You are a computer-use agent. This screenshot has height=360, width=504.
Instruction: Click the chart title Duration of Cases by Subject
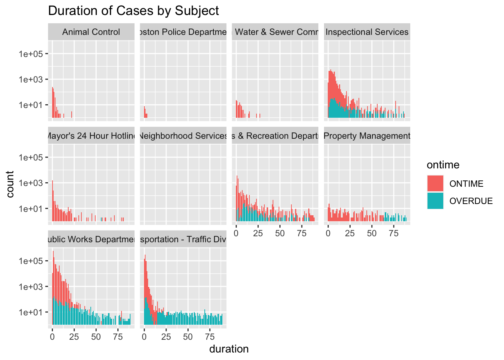coord(133,11)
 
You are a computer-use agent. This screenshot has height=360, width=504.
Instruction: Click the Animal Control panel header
coord(91,32)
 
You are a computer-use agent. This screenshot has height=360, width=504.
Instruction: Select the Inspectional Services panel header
coord(367,32)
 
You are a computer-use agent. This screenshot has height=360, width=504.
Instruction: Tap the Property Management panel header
coord(367,136)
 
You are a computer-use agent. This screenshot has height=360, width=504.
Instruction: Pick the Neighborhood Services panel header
coord(183,136)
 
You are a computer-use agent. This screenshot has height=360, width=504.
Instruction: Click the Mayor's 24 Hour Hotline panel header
coord(91,136)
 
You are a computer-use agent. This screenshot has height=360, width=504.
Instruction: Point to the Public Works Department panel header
coord(91,240)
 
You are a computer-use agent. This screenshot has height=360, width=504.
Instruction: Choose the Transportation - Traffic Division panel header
coord(183,240)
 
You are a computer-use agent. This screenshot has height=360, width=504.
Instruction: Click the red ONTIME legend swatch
coord(435,184)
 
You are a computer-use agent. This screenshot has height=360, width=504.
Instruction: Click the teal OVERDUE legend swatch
coord(435,201)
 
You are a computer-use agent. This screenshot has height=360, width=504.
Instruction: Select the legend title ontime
coord(443,165)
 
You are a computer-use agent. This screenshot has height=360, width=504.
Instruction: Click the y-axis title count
coord(10,184)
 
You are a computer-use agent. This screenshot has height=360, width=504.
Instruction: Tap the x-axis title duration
coord(229,349)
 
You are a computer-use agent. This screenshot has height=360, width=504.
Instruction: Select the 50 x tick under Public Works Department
coord(96,337)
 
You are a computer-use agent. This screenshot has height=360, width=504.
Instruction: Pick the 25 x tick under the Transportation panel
coord(166,337)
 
